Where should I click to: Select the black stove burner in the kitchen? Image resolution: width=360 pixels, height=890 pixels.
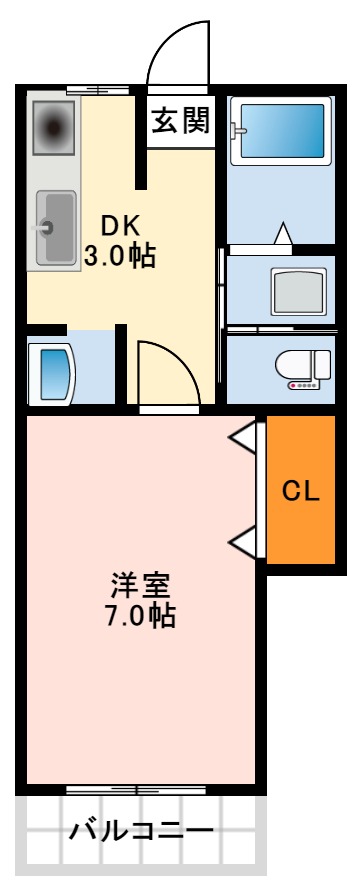pyautogui.click(x=53, y=127)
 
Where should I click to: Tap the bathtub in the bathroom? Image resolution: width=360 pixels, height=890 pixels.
pyautogui.click(x=279, y=131)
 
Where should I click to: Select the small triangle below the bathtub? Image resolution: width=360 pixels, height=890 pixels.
pyautogui.click(x=283, y=233)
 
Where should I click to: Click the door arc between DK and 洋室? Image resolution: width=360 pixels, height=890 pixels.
pyautogui.click(x=168, y=371)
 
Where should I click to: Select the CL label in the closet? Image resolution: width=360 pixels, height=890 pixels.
pyautogui.click(x=300, y=491)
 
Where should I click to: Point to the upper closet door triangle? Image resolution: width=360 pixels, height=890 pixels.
pyautogui.click(x=243, y=436)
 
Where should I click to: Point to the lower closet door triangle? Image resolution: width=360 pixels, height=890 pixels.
pyautogui.click(x=243, y=543)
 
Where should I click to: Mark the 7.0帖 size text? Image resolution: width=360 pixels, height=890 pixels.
pyautogui.click(x=140, y=616)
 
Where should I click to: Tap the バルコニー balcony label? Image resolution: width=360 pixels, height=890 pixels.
pyautogui.click(x=140, y=831)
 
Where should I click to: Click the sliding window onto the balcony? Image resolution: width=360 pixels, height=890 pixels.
pyautogui.click(x=140, y=789)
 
